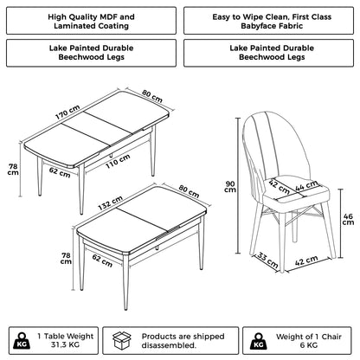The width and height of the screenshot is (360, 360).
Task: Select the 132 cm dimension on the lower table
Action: (x=87, y=206)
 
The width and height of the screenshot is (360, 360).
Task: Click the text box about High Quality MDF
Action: (x=90, y=22)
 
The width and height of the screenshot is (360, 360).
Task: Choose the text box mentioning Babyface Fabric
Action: (x=268, y=22)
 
